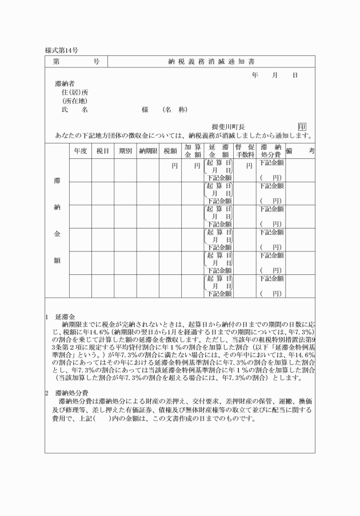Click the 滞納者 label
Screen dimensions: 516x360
(x=65, y=83)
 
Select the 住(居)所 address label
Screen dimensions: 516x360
(x=75, y=92)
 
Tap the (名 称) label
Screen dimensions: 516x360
(x=175, y=109)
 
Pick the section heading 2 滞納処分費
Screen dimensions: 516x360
(x=67, y=394)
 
